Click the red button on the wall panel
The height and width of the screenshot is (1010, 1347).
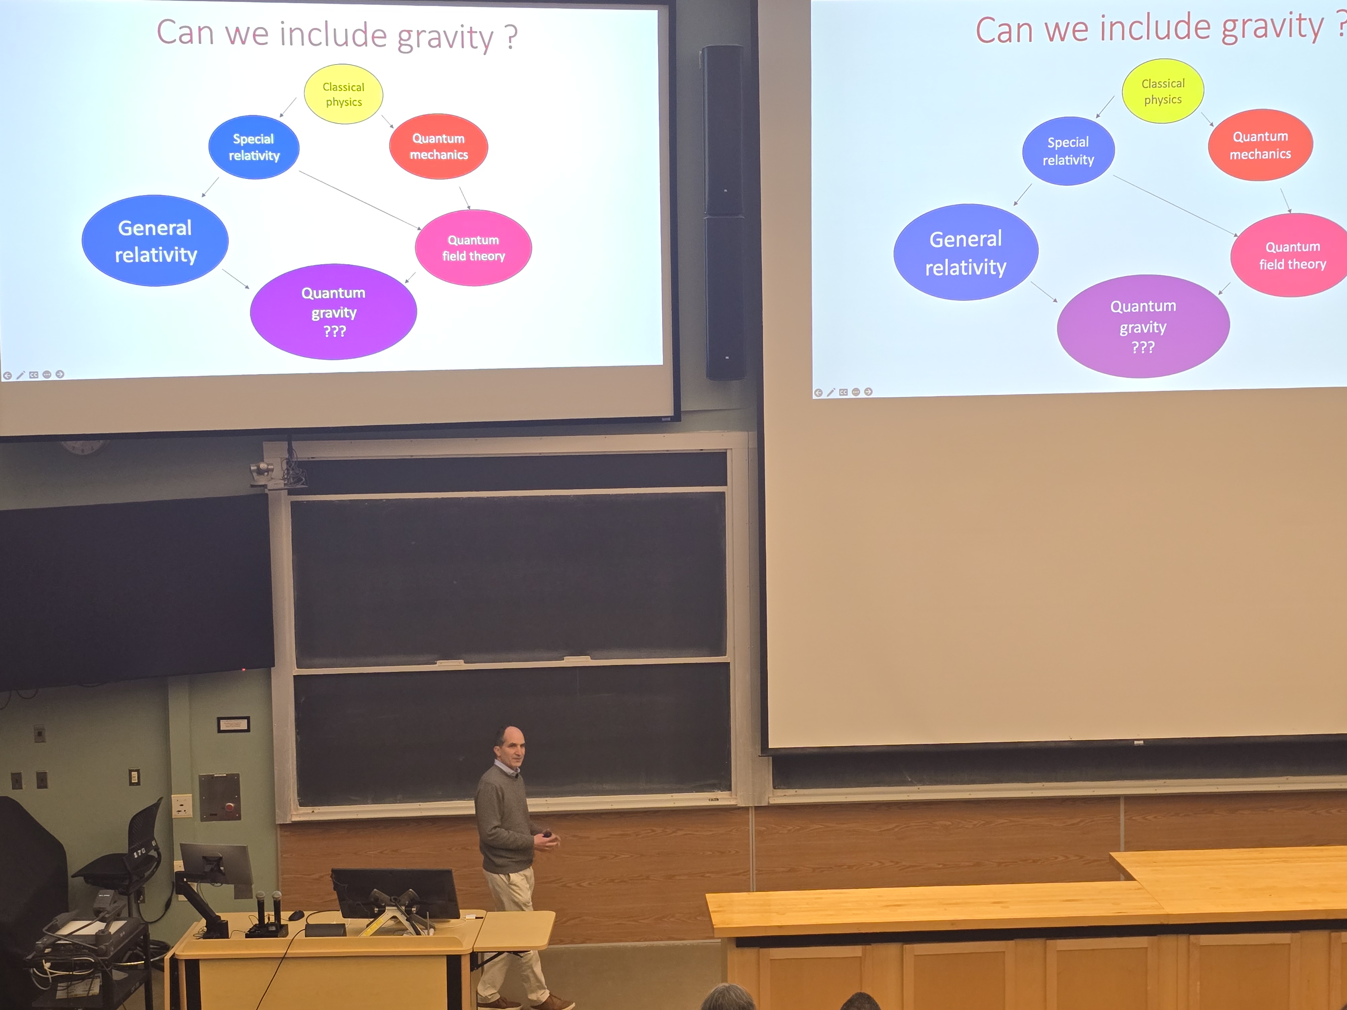(x=230, y=807)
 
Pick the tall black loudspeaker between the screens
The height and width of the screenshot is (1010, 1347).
(x=724, y=212)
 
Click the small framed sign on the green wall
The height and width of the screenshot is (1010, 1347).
(x=233, y=724)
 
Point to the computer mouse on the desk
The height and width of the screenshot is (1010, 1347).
(x=297, y=914)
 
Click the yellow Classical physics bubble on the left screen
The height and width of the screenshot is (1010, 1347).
(x=343, y=94)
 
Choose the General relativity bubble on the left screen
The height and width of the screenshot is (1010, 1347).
(x=155, y=240)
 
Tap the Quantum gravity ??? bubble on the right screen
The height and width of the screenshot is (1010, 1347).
(x=1143, y=326)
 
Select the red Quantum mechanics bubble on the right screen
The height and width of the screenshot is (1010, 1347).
(x=1260, y=145)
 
